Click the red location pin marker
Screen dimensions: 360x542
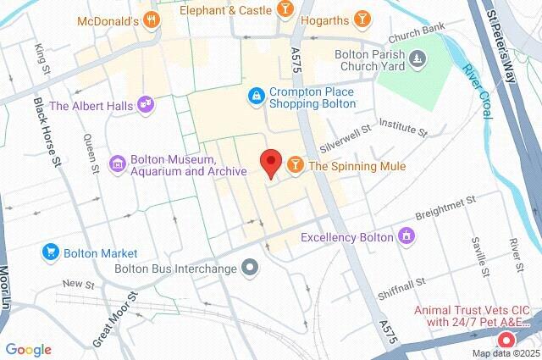tap(270, 162)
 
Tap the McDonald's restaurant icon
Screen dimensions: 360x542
tap(152, 19)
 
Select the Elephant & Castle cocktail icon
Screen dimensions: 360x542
tap(286, 9)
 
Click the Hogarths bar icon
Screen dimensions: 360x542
tap(362, 19)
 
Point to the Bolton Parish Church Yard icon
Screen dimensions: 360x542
tap(417, 58)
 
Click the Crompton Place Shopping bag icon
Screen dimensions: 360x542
tap(256, 97)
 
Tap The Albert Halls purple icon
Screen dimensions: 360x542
tap(146, 105)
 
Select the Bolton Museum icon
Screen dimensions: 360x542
tap(118, 163)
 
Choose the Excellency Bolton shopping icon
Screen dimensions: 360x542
tap(407, 235)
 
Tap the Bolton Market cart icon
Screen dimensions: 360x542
tap(50, 252)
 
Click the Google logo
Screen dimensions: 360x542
tap(28, 350)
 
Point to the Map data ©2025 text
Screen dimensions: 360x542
tap(506, 353)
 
